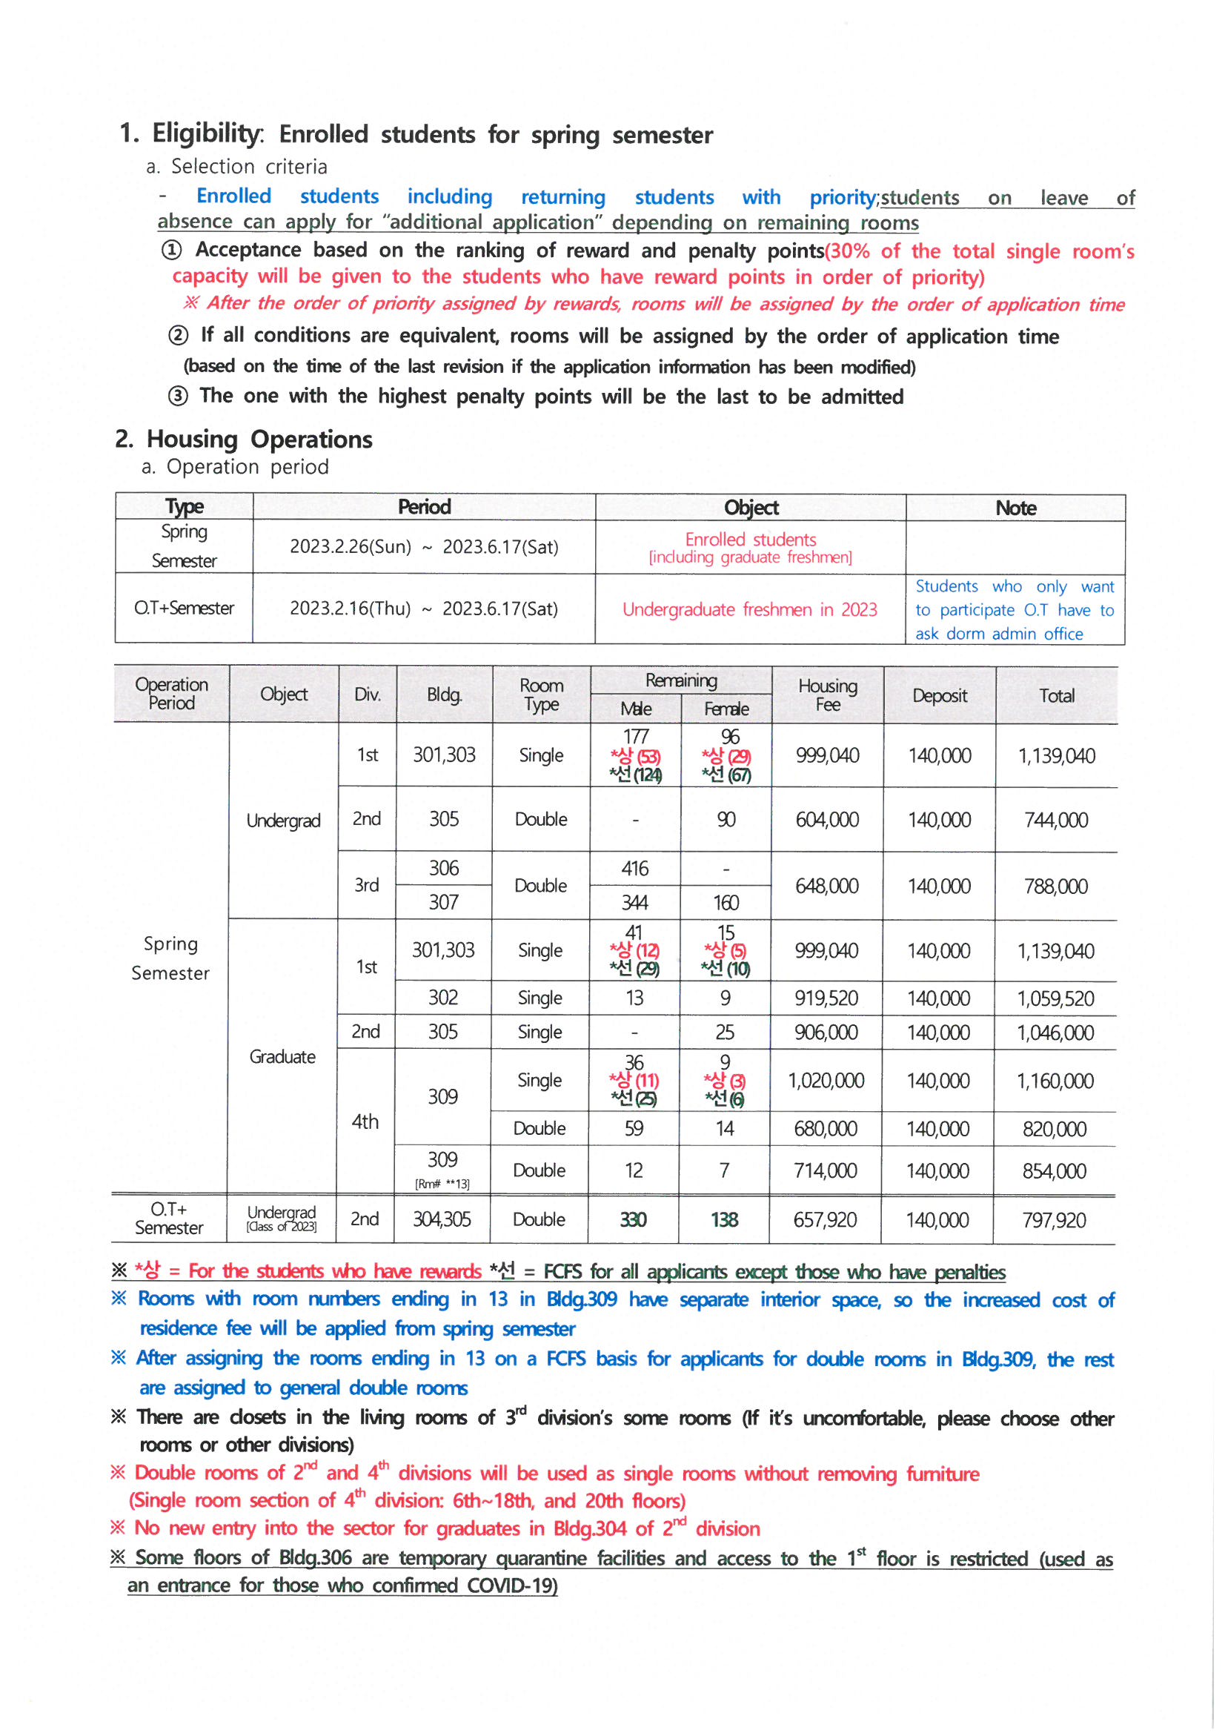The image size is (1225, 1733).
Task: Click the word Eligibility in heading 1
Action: point(207,133)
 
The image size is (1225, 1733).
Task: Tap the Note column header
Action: point(1015,508)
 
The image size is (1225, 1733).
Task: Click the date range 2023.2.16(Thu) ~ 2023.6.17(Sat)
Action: point(423,609)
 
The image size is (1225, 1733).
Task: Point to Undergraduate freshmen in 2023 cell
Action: point(749,609)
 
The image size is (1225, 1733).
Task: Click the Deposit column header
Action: point(939,695)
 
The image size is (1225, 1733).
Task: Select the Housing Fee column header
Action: point(827,695)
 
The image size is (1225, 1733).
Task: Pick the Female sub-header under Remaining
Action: point(726,709)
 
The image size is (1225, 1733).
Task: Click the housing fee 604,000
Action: point(827,820)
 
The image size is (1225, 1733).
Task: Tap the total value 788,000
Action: point(1055,886)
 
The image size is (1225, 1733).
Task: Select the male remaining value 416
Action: point(635,869)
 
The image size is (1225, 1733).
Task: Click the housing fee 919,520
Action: point(826,998)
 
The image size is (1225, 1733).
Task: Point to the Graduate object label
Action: point(282,1057)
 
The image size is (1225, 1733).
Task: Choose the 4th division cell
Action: point(365,1121)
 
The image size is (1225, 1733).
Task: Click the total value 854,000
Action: point(1054,1171)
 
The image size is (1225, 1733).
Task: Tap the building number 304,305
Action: point(442,1220)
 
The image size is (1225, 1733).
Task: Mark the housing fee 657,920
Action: point(825,1220)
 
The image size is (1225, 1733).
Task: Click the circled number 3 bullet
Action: point(177,397)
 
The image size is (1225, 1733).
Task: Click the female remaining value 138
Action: point(724,1220)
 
